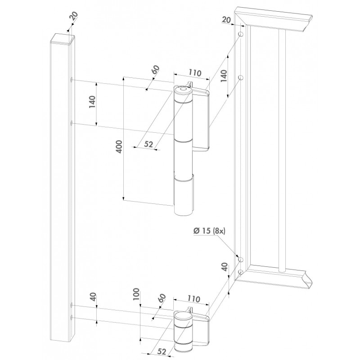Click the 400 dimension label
(x=119, y=147)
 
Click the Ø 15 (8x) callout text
(x=209, y=231)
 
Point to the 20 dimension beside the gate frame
(x=226, y=20)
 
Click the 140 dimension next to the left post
(x=92, y=102)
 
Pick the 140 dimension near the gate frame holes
(x=224, y=76)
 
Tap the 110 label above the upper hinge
(x=195, y=72)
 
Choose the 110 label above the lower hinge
(x=194, y=299)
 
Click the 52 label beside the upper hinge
(x=149, y=144)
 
